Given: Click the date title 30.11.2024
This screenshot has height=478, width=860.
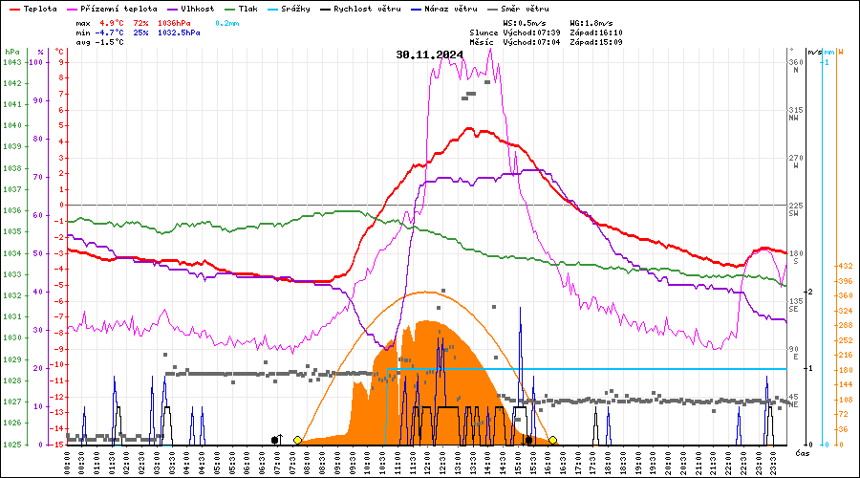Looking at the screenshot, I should click(429, 54).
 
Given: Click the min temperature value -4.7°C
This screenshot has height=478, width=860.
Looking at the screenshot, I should click(112, 32).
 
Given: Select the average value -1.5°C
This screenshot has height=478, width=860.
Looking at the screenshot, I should click(112, 42).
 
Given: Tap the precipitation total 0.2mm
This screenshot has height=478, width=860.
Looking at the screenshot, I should click(226, 21).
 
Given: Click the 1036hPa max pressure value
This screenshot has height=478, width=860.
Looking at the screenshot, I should click(180, 21).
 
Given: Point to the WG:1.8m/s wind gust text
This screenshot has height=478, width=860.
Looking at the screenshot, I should click(590, 21).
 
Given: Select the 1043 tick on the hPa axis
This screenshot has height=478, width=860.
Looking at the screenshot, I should click(11, 62).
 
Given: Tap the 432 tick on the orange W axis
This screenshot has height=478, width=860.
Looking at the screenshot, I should click(844, 266).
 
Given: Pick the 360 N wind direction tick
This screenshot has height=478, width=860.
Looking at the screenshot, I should click(795, 64).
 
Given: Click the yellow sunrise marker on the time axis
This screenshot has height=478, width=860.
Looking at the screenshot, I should click(298, 440).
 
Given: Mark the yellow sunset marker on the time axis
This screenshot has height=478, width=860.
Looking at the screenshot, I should click(552, 440).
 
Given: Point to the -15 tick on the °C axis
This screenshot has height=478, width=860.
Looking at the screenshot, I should click(59, 445).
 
